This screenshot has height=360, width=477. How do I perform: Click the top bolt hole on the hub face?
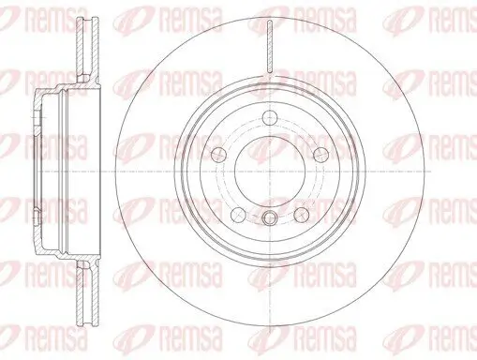pos(270,118)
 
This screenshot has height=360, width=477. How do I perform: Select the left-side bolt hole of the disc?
pos(219,154)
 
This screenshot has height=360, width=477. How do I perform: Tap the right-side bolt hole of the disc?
pos(320,154)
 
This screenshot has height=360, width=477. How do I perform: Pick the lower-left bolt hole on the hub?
pos(239,214)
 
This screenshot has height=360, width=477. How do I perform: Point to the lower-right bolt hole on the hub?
pos(302,214)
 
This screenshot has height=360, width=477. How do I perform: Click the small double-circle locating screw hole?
pos(270,217)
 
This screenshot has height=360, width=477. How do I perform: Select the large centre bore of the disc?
pos(270,172)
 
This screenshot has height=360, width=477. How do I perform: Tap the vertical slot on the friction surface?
pos(270,46)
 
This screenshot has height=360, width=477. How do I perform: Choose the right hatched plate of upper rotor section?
pos(96,50)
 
